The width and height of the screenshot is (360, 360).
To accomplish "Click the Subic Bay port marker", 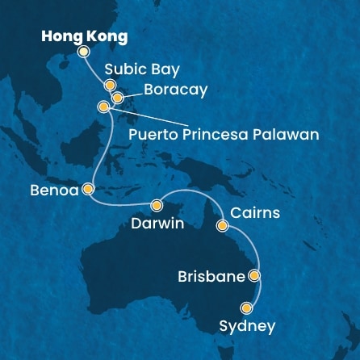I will pos(110,85).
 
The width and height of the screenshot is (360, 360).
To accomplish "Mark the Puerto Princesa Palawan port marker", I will pos(103,107).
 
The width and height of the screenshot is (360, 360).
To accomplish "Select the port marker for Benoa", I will pos(87,190).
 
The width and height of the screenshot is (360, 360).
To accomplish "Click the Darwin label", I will pos(157,223).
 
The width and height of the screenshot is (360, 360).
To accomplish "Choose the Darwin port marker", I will pos(157,205).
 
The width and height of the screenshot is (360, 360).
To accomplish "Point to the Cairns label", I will pos(255,213).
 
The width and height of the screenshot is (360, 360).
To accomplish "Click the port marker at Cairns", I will pos(222,226).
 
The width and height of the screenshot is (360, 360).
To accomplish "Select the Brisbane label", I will pos(211,277).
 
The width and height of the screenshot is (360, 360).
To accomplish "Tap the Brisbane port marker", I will pos(255,276).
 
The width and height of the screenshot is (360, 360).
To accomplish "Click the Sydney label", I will pos(247,326).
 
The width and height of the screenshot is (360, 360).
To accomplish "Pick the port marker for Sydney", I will pos(247,308).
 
